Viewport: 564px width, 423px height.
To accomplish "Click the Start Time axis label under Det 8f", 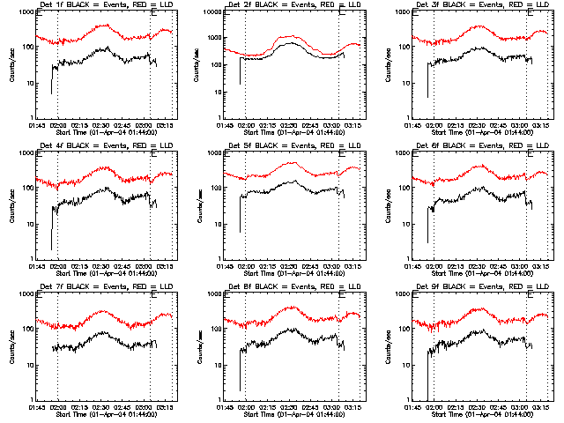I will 293,414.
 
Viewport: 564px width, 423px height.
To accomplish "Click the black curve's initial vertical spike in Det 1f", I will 51,79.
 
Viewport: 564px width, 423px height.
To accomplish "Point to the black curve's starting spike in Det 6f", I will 428,225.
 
